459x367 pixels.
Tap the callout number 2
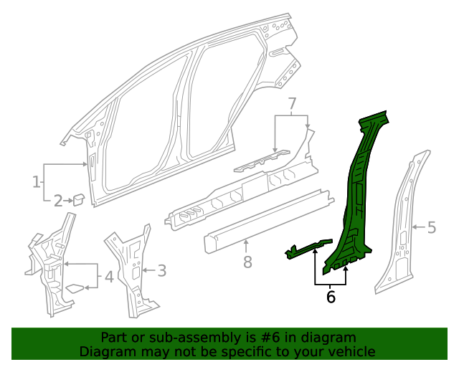coord(57,201)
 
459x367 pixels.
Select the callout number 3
coord(161,270)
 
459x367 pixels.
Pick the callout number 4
coord(108,276)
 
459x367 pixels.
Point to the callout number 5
coord(431,228)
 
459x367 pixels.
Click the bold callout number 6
coord(331,296)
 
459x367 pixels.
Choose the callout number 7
coord(292,105)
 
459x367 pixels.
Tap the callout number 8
coord(247,262)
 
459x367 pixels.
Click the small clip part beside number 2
coord(78,199)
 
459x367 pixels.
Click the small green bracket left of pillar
coord(308,248)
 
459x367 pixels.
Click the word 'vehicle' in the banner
coord(352,351)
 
